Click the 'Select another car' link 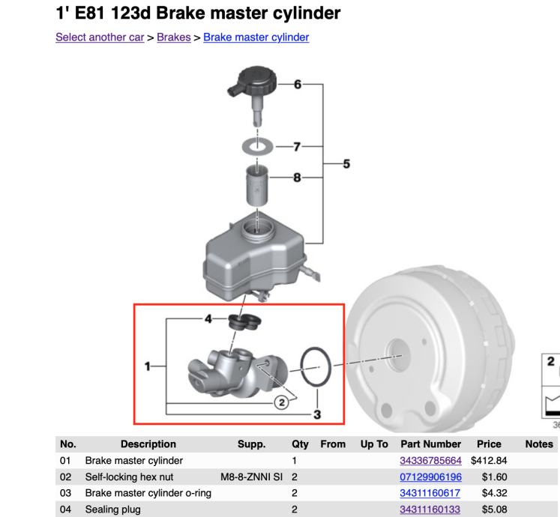pyautogui.click(x=100, y=37)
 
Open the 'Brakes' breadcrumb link pyautogui.click(x=173, y=37)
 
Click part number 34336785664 pyautogui.click(x=430, y=459)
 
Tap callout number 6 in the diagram pyautogui.click(x=297, y=85)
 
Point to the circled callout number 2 pyautogui.click(x=282, y=403)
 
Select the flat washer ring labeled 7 pyautogui.click(x=256, y=142)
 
